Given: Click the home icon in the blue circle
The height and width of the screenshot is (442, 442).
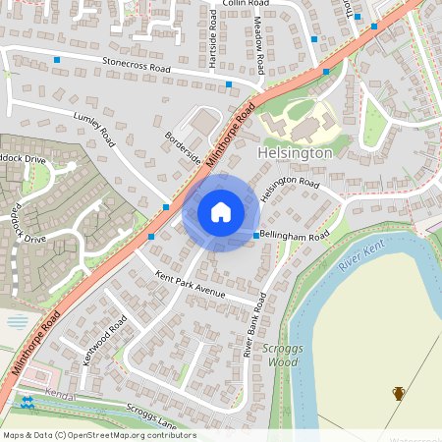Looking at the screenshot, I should tap(221, 212).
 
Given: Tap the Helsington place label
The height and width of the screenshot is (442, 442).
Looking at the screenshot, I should tap(295, 154).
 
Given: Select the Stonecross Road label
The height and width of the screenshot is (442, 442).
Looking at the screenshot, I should tap(137, 66).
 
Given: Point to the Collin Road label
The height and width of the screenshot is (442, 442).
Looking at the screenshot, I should tap(246, 4).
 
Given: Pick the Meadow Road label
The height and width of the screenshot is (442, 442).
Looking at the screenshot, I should tap(259, 50).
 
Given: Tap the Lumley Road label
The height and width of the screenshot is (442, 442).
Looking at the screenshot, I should tap(94, 129).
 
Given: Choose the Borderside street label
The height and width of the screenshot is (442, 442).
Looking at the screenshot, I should tap(183, 148).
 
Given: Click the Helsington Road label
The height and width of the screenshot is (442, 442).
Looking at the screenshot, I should tap(292, 189).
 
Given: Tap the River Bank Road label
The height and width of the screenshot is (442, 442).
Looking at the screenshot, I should tap(256, 324).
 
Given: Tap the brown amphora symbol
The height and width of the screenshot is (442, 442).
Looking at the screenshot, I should tap(399, 393).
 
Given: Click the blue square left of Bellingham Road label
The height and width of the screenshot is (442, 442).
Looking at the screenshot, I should tap(256, 236).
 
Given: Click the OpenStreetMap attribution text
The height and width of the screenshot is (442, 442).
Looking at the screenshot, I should tap(99, 435).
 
